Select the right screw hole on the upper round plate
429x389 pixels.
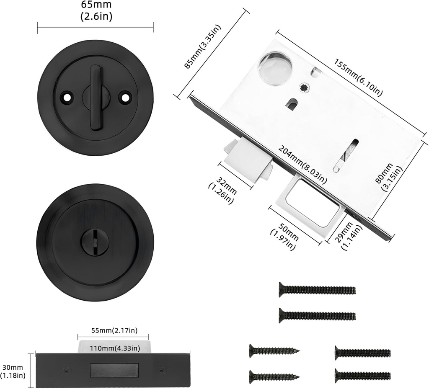point(124,97)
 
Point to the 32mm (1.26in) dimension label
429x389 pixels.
point(222,191)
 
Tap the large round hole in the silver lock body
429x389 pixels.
point(275,68)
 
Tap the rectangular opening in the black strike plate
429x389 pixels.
point(114,370)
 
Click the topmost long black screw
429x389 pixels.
point(317,289)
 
